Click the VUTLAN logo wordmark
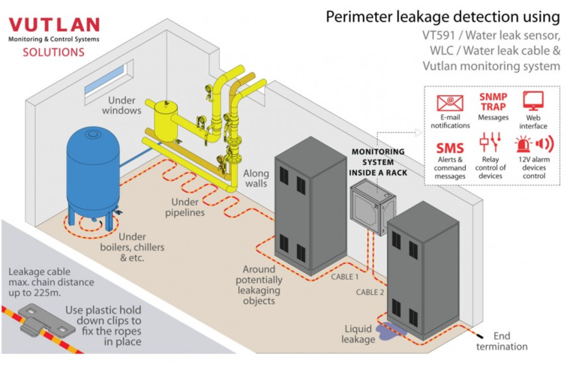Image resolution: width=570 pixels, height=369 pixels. click(x=54, y=25)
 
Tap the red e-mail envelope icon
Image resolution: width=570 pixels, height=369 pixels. click(x=450, y=103)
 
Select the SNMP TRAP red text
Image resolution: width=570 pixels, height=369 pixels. click(x=493, y=102)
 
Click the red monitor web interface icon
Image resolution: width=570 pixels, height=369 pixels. click(x=533, y=100)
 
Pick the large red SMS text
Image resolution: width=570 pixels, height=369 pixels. click(x=450, y=148)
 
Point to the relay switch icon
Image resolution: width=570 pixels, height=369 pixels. click(x=490, y=142)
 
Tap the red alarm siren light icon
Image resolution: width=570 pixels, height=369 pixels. click(x=523, y=144)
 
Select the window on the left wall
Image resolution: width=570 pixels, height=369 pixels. click(x=109, y=82)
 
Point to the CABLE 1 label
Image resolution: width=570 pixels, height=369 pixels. click(x=344, y=277)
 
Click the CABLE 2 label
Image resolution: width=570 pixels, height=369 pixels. click(x=370, y=292)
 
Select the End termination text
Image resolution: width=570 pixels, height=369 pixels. click(x=502, y=341)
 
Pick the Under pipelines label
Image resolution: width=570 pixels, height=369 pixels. click(x=184, y=207)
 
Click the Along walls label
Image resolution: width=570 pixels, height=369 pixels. click(x=256, y=178)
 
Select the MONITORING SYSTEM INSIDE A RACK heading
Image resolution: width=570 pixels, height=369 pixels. click(x=378, y=162)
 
